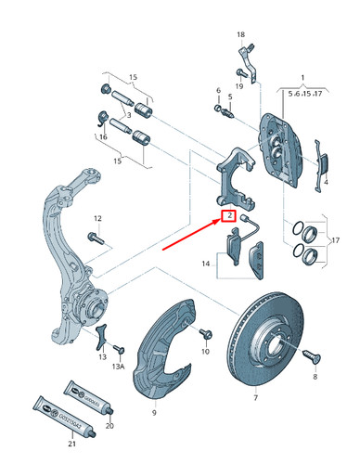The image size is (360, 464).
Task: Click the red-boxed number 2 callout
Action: pos(226,219)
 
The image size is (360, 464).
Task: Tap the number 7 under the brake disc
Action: pos(256,397)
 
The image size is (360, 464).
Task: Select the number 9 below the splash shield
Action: pos(155,404)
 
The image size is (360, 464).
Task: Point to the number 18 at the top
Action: pos(239,35)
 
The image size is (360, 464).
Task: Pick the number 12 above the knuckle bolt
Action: pos(96,218)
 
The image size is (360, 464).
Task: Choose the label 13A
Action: pos(119,367)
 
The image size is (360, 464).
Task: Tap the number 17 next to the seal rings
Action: pos(335,242)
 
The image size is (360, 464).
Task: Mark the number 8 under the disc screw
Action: pos(315,380)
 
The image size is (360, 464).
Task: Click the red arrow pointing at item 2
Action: pos(191,236)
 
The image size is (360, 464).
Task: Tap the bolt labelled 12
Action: pos(97,238)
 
